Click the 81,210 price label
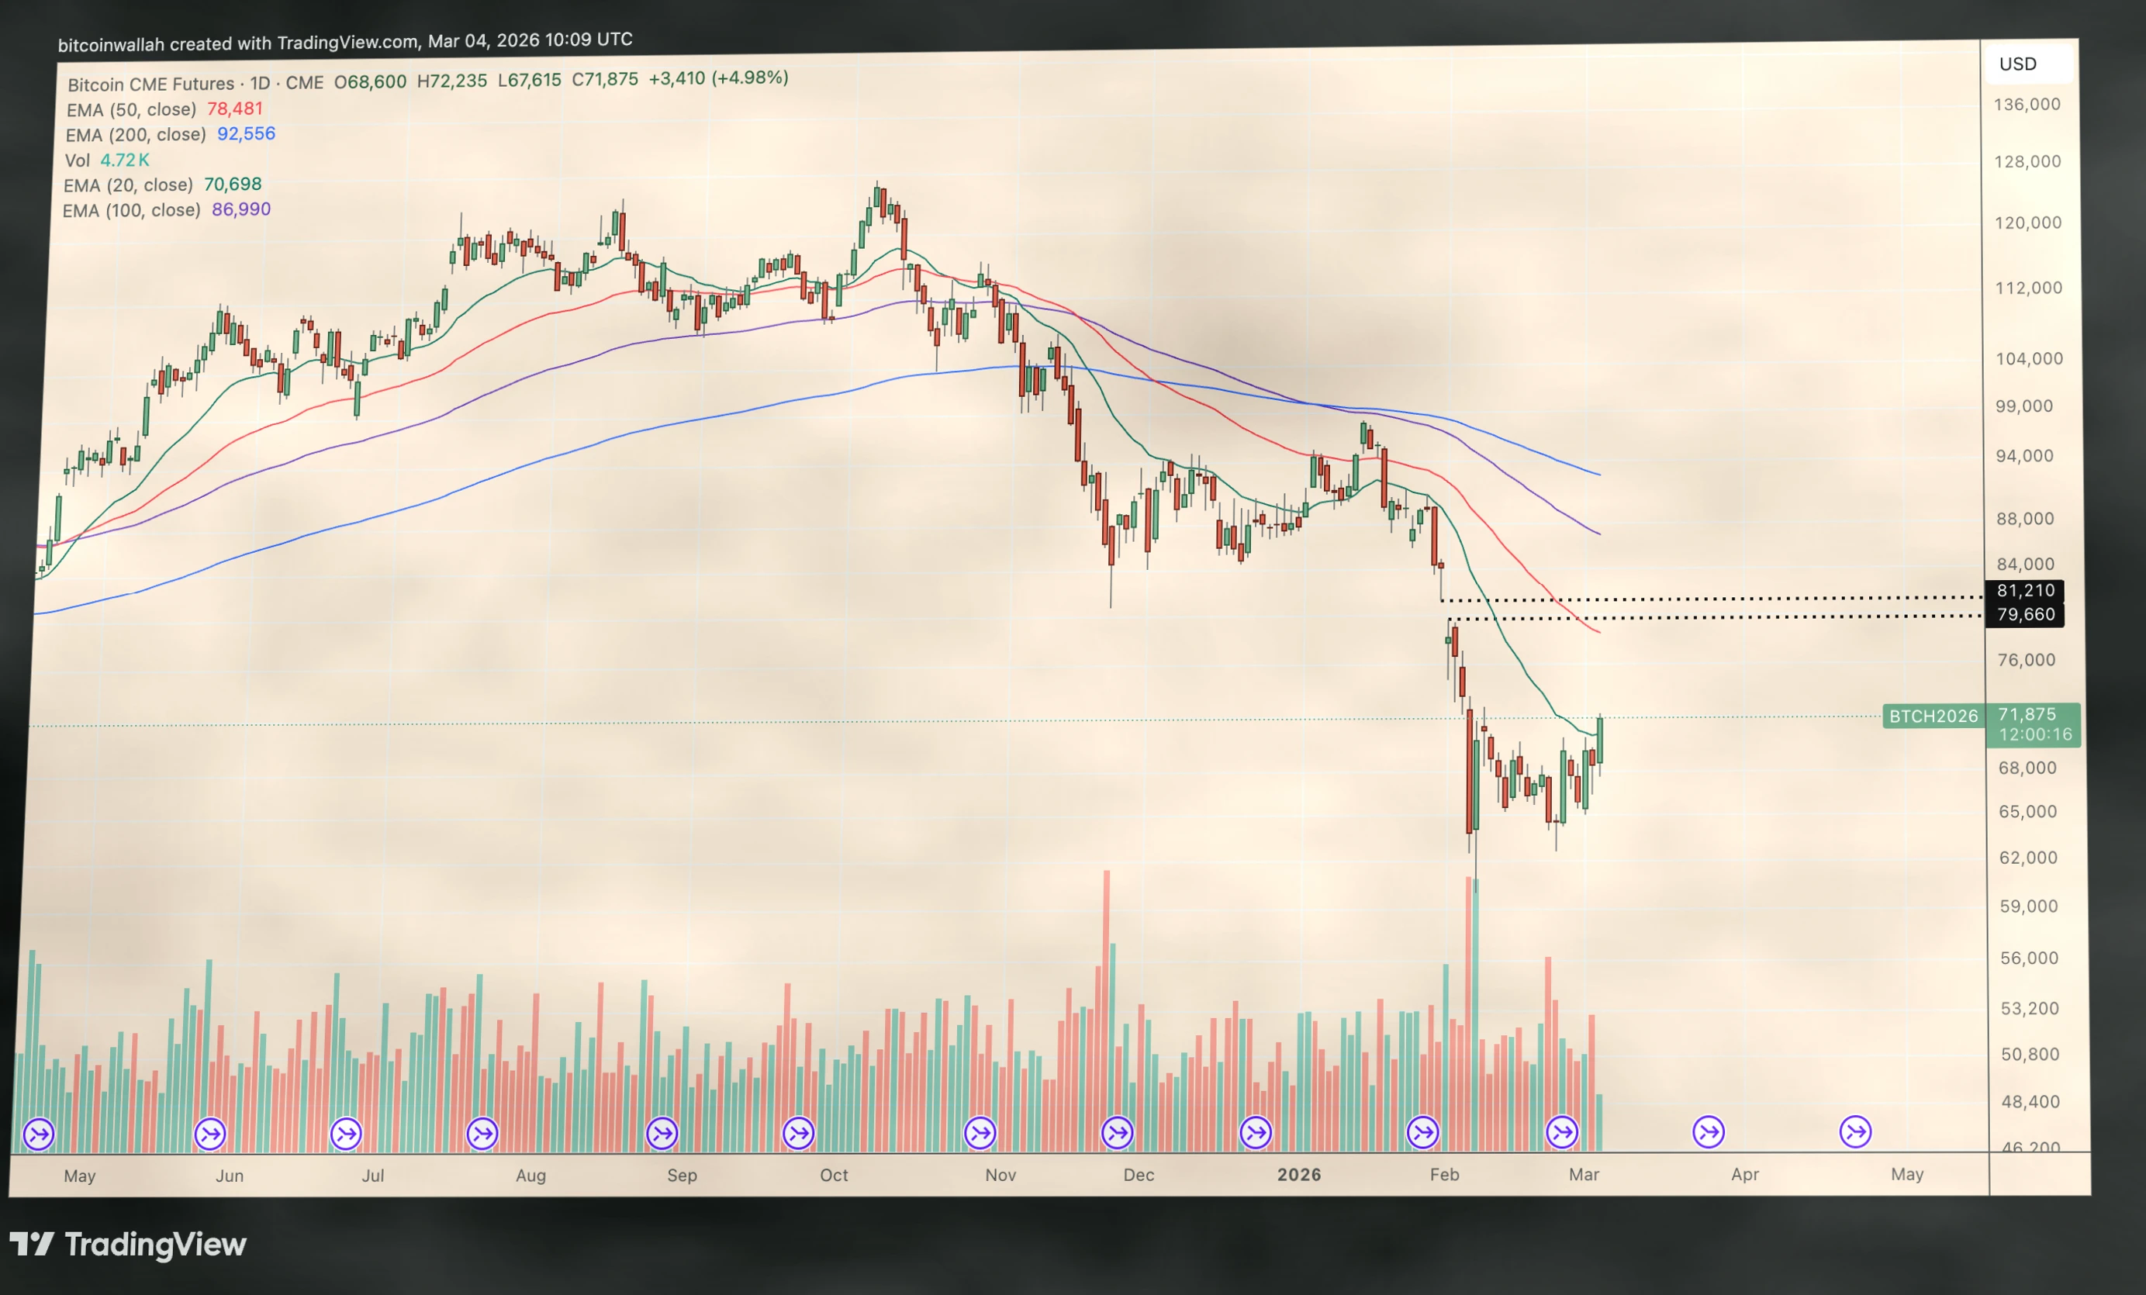pyautogui.click(x=2025, y=590)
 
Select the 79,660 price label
pyautogui.click(x=2025, y=615)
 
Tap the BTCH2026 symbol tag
pyautogui.click(x=1933, y=716)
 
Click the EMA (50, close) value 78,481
pyautogui.click(x=234, y=109)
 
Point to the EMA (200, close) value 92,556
pyautogui.click(x=246, y=133)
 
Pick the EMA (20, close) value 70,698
pyautogui.click(x=233, y=184)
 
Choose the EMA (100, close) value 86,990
pyautogui.click(x=241, y=209)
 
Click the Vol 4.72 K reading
pyautogui.click(x=125, y=161)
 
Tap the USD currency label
pyautogui.click(x=2017, y=64)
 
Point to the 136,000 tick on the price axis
pyautogui.click(x=2027, y=105)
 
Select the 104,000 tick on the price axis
pyautogui.click(x=2028, y=358)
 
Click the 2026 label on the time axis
pyautogui.click(x=1298, y=1175)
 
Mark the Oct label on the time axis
pyautogui.click(x=834, y=1175)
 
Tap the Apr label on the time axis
pyautogui.click(x=1744, y=1174)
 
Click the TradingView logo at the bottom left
pyautogui.click(x=128, y=1245)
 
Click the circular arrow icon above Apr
pyautogui.click(x=1708, y=1132)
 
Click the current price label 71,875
pyautogui.click(x=2027, y=714)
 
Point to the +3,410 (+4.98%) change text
pyautogui.click(x=718, y=78)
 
